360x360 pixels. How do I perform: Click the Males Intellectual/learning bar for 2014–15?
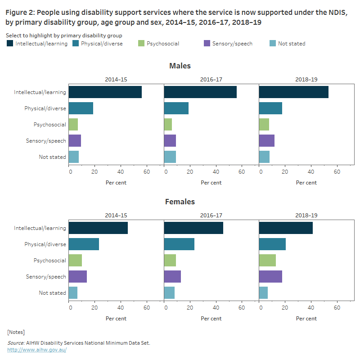tap(105, 92)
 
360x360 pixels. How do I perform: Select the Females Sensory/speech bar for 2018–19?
tap(270, 276)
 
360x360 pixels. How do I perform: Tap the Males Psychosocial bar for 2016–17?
tap(168, 124)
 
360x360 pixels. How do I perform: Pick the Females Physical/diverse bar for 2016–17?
tap(179, 244)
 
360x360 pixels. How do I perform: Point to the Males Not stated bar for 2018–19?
tap(264, 157)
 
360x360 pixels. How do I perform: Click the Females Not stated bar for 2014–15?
tap(73, 292)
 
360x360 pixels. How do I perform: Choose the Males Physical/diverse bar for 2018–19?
tap(270, 108)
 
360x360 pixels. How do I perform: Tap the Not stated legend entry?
tap(291, 44)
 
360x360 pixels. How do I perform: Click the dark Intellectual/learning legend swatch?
tap(10, 44)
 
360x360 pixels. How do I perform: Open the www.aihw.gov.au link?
tap(37, 350)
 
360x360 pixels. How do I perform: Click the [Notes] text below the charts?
tap(16, 332)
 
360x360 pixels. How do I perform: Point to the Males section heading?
tap(180, 66)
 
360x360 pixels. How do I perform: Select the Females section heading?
tap(180, 202)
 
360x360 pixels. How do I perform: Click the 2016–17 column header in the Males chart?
tap(211, 79)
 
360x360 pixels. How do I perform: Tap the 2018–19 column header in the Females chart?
tap(306, 215)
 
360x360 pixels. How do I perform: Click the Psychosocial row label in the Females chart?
tap(49, 260)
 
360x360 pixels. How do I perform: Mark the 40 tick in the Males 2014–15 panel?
tap(121, 171)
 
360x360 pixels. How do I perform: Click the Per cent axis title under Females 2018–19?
tap(306, 319)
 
